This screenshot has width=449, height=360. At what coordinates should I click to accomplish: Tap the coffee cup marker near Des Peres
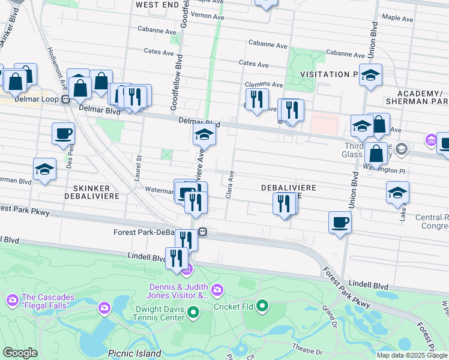tap(63, 134)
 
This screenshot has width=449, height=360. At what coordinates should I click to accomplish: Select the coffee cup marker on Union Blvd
tap(340, 222)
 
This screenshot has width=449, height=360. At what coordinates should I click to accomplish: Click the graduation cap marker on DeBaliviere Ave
tap(204, 136)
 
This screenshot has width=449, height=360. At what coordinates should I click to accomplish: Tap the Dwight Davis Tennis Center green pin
tap(193, 311)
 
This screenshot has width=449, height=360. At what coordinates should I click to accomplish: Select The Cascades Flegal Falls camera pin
tap(12, 299)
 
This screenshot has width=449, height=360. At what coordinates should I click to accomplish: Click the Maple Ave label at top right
tap(398, 19)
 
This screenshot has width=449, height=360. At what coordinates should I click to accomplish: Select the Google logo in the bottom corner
tap(20, 353)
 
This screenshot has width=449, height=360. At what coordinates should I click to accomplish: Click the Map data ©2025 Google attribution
tap(412, 355)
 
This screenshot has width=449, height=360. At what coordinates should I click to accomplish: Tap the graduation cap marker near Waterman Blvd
tap(44, 169)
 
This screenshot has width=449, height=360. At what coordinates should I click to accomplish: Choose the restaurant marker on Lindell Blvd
tap(176, 259)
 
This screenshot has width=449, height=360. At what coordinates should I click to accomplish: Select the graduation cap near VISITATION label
tap(370, 75)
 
